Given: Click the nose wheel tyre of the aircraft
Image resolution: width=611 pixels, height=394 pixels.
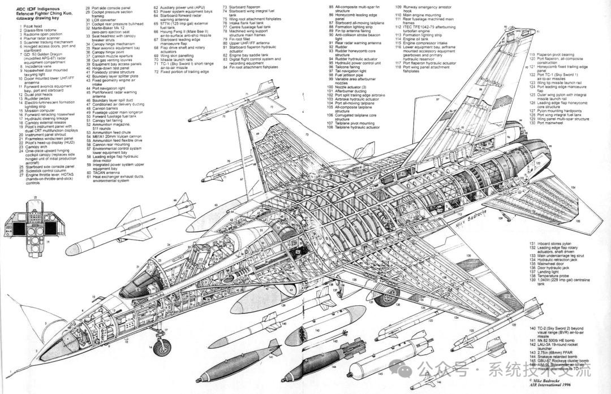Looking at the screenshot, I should tap(163, 344).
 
